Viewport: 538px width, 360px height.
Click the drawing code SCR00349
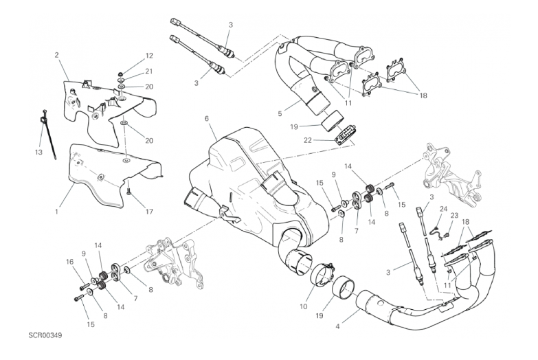45,335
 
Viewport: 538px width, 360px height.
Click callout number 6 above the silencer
207,119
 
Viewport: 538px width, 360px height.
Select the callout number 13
38,152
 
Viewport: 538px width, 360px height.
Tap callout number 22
307,140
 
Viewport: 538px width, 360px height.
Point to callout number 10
304,306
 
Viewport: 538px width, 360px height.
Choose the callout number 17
149,212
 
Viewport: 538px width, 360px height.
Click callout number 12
149,56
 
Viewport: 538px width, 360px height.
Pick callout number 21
148,71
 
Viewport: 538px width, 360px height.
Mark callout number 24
444,209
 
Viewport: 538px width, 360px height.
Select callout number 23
454,216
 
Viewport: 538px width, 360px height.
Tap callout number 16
69,262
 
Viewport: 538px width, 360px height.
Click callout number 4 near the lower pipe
337,326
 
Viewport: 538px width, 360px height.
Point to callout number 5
280,113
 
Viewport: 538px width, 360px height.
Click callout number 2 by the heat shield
56,54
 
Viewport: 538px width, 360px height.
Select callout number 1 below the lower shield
56,212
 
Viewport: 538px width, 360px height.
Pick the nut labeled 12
121,74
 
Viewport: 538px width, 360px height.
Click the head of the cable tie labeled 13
45,117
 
